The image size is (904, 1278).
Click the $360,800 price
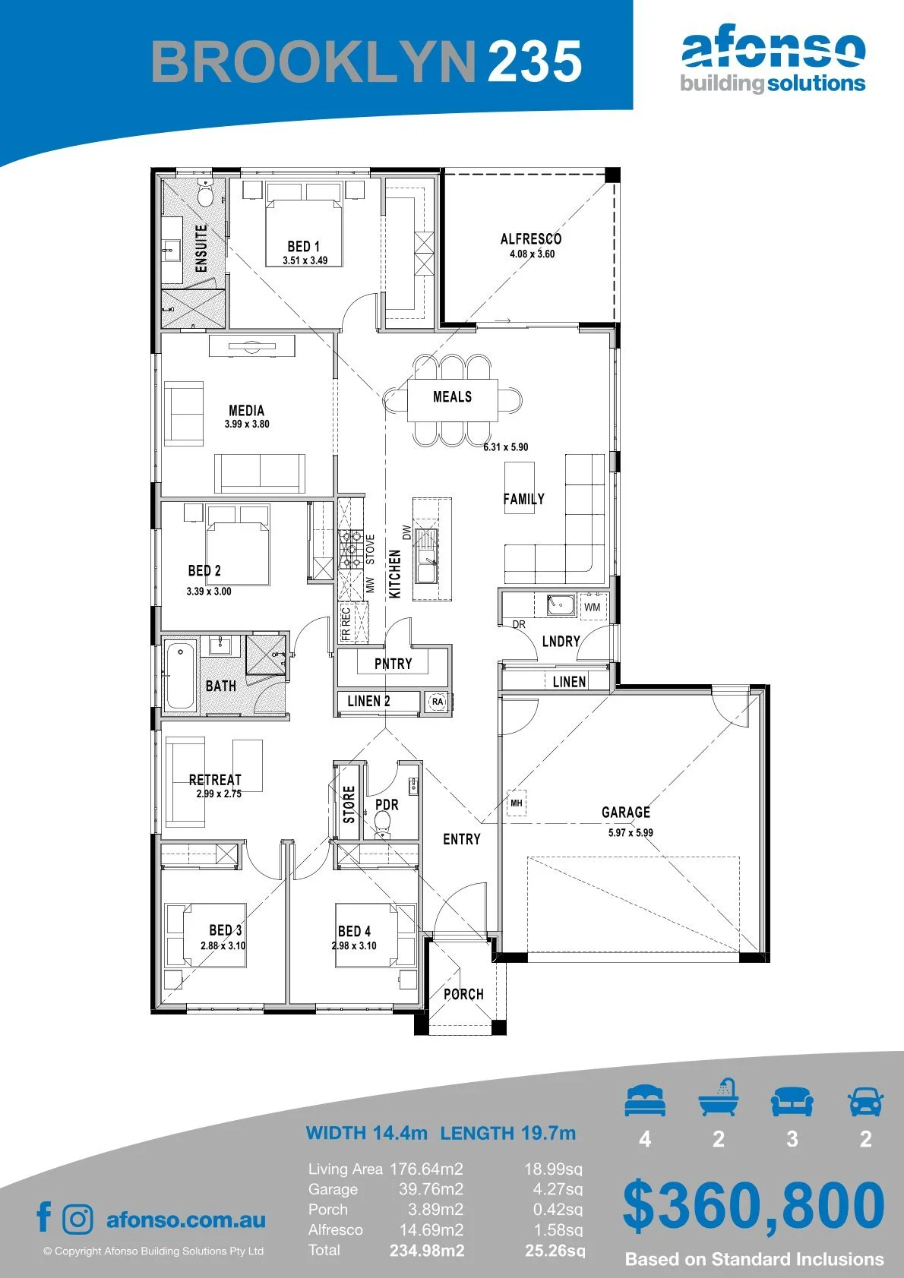point(754,1206)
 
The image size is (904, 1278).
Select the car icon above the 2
point(866,1100)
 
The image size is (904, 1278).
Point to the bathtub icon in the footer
point(719,1097)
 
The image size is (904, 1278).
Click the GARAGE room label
point(625,812)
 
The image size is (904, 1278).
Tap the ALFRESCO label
point(531,238)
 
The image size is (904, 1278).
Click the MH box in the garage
point(516,803)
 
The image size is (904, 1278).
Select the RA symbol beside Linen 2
point(437,701)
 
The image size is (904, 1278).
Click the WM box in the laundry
point(592,607)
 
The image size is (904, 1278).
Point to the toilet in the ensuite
point(204,193)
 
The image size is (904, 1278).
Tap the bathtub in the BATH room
point(180,676)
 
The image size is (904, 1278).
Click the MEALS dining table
point(452,400)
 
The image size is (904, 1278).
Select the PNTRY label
point(394,664)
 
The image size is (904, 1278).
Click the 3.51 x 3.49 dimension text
point(305,260)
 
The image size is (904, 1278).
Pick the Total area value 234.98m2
point(427,1251)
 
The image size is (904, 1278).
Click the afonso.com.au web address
point(186,1220)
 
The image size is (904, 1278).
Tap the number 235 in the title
point(535,61)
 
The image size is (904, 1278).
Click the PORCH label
point(463,995)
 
